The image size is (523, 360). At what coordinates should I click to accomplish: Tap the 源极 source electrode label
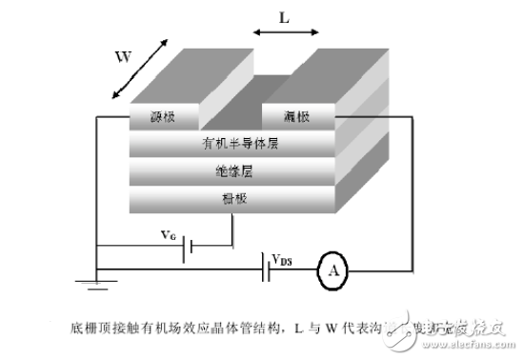[163, 117]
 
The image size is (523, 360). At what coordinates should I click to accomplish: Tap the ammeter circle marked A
[333, 270]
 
